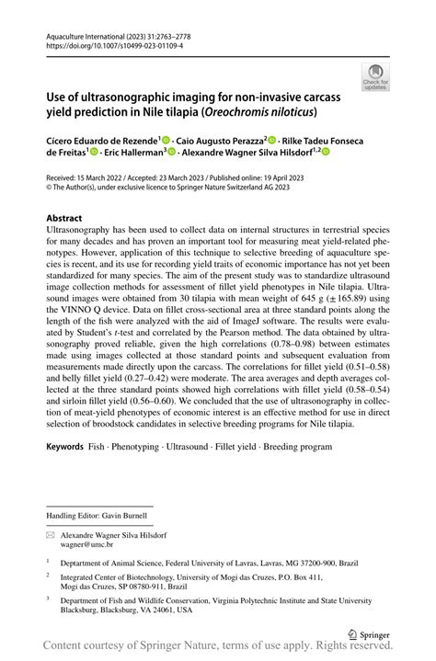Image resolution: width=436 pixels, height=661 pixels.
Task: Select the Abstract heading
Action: pos(71,219)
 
